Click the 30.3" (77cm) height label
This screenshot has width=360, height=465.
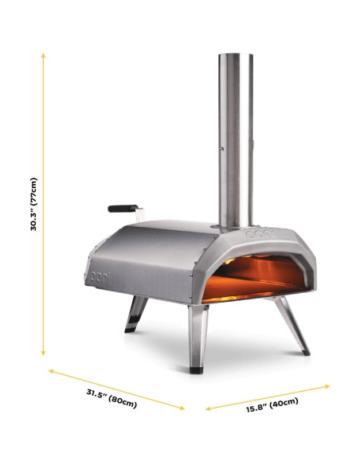coord(34,204)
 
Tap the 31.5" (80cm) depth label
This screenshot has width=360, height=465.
coord(112,398)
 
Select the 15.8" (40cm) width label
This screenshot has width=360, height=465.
coord(272,405)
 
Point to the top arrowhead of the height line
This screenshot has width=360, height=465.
coord(43,55)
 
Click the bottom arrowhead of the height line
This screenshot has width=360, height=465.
coord(43,354)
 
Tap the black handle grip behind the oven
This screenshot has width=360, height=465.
coord(123,208)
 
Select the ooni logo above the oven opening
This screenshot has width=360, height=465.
coord(261,235)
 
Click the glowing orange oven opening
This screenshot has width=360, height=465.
coord(256,278)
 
